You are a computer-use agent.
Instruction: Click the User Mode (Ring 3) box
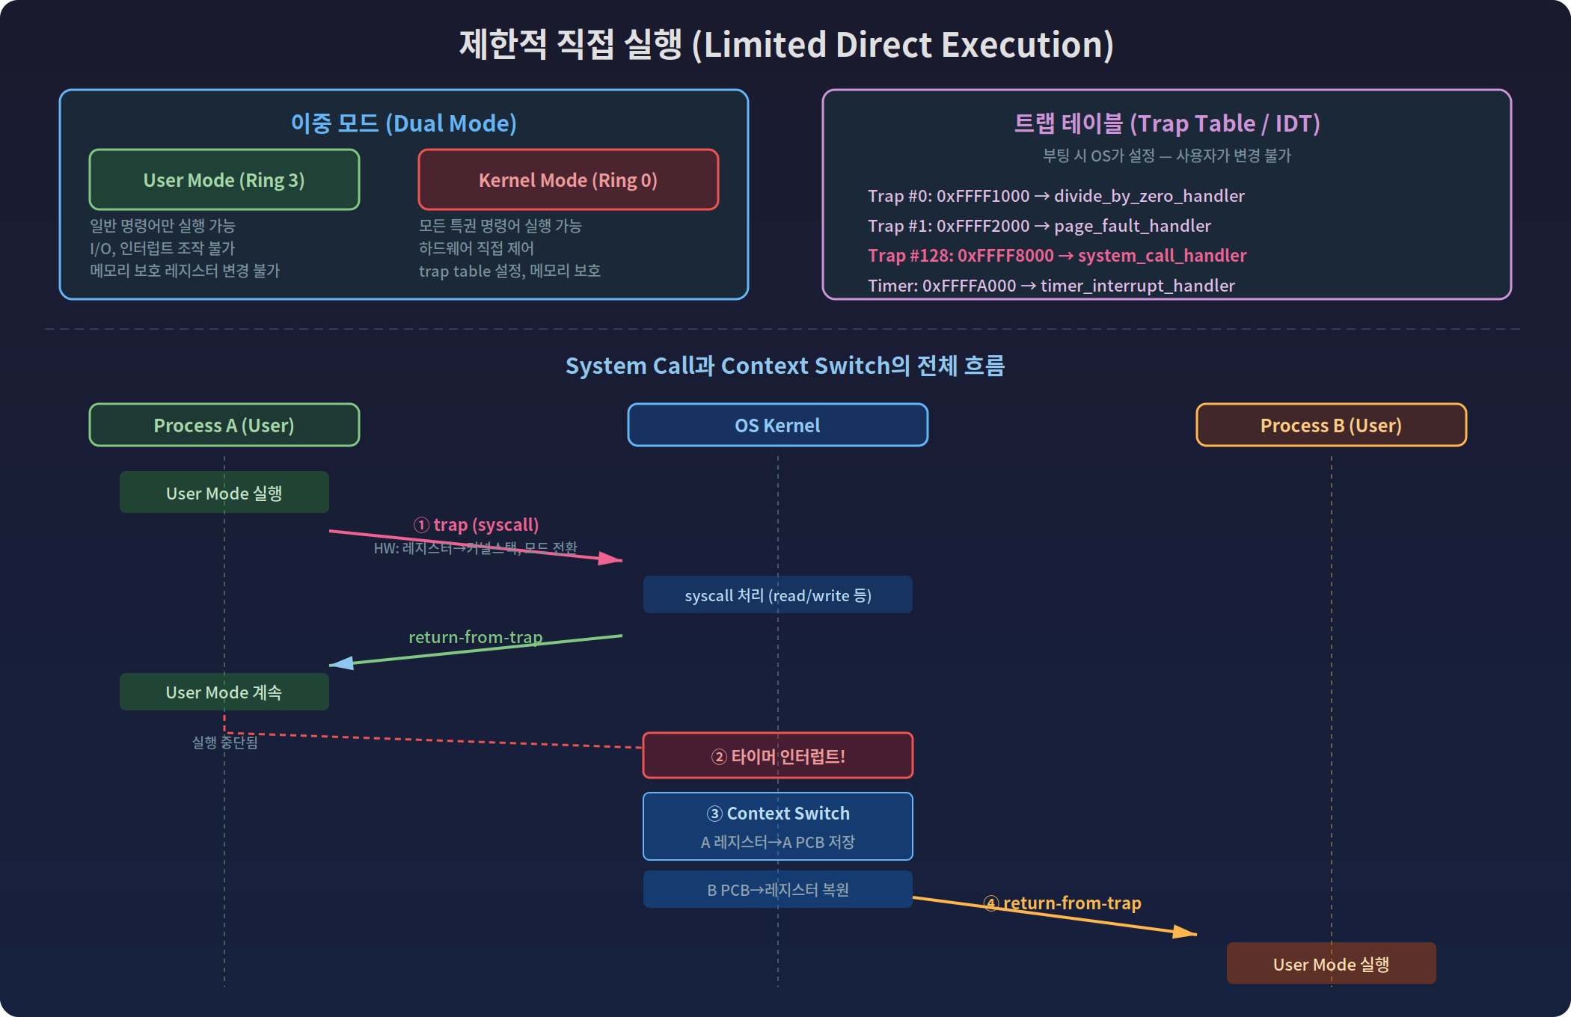click(224, 179)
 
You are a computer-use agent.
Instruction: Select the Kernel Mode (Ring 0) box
click(568, 179)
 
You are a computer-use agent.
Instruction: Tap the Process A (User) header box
click(224, 425)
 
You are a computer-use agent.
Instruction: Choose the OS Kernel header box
click(777, 425)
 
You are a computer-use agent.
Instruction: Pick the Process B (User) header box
click(1331, 425)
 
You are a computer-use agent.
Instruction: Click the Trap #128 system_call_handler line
click(1056, 256)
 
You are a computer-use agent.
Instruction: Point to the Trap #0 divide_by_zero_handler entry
click(1056, 196)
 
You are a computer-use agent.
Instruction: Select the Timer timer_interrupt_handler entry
click(1050, 286)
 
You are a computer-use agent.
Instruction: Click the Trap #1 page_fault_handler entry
click(1039, 226)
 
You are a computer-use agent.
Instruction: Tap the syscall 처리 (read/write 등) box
click(777, 594)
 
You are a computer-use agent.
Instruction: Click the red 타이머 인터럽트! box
click(777, 755)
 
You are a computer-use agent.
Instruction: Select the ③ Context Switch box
click(777, 826)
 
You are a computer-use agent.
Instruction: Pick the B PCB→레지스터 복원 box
click(777, 889)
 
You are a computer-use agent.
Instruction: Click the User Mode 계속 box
click(224, 692)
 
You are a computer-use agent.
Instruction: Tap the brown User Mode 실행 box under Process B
click(1331, 963)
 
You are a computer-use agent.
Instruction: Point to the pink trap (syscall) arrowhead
click(612, 559)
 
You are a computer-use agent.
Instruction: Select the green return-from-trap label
click(475, 637)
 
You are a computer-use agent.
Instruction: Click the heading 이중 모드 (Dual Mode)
click(403, 123)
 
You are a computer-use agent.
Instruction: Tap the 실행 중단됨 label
click(224, 742)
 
